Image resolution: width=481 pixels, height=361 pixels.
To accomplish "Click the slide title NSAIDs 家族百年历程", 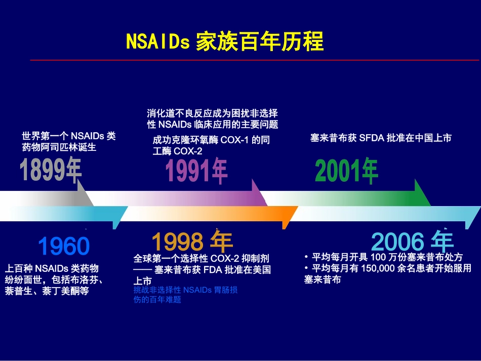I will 225,42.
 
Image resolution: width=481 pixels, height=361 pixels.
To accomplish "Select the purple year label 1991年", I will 196,171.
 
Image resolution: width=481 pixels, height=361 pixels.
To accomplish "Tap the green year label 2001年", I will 346,171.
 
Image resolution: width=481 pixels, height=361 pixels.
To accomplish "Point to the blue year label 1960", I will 64,247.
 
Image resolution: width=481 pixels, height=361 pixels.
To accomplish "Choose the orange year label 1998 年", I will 192,242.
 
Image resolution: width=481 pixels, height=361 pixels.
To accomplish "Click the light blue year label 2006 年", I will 413,242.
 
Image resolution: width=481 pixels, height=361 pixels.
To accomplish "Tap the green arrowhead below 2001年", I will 421,195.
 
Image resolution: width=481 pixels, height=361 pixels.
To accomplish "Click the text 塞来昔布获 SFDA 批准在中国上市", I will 380,138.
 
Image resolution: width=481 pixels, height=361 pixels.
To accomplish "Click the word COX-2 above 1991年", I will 188,151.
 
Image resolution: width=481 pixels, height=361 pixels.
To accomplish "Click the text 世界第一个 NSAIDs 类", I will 69,136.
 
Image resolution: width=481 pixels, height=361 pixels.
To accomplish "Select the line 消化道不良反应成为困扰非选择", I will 212,113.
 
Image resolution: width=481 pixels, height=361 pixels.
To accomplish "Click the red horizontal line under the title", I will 253,60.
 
